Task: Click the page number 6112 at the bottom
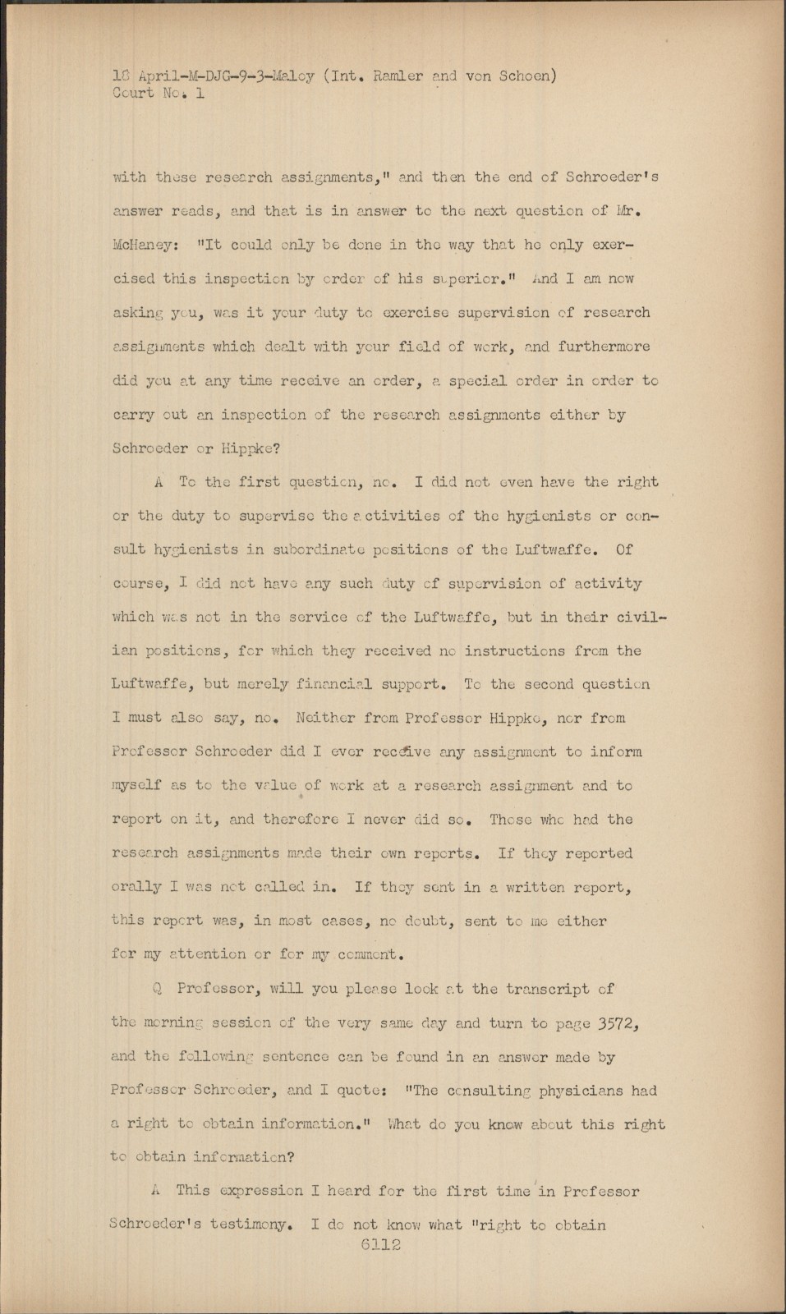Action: coord(379,1245)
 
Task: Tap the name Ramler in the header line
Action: coord(400,76)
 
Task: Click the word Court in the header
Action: coord(132,93)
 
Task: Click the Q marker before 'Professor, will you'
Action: coord(157,989)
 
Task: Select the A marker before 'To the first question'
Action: coord(158,482)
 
